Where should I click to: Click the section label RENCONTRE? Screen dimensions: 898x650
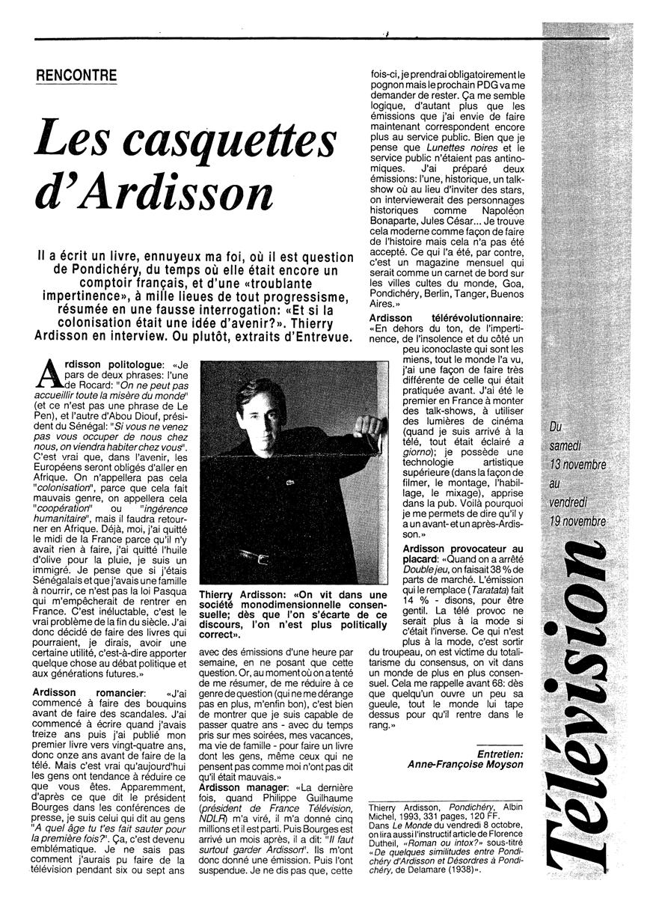point(78,76)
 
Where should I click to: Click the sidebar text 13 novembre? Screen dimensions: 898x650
point(577,465)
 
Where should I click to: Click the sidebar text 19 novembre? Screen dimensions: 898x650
point(577,521)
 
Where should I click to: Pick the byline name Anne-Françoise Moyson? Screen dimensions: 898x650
point(465,764)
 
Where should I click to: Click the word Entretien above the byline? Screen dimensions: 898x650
point(500,752)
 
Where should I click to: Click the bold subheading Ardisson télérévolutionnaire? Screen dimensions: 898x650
point(447,320)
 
